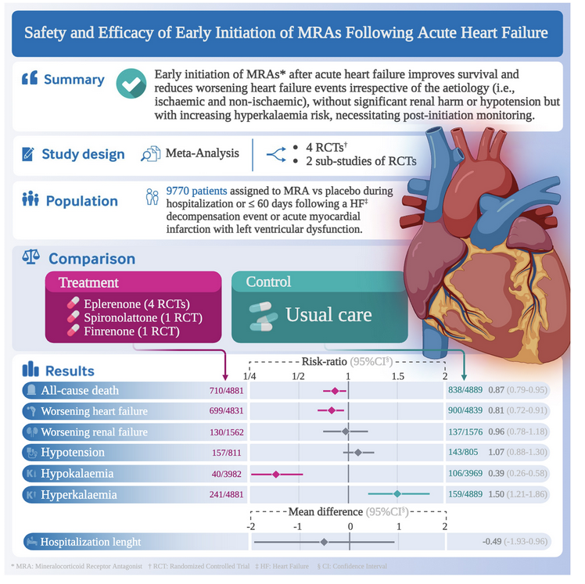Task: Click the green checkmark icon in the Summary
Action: tap(130, 83)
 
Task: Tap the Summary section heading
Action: tap(74, 80)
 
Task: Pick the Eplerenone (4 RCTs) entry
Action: tap(135, 303)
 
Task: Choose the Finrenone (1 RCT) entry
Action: tap(128, 331)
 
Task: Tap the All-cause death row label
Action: tap(82, 390)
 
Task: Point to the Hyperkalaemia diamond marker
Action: tap(397, 494)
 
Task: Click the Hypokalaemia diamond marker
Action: tap(275, 474)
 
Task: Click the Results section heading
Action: tap(69, 371)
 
